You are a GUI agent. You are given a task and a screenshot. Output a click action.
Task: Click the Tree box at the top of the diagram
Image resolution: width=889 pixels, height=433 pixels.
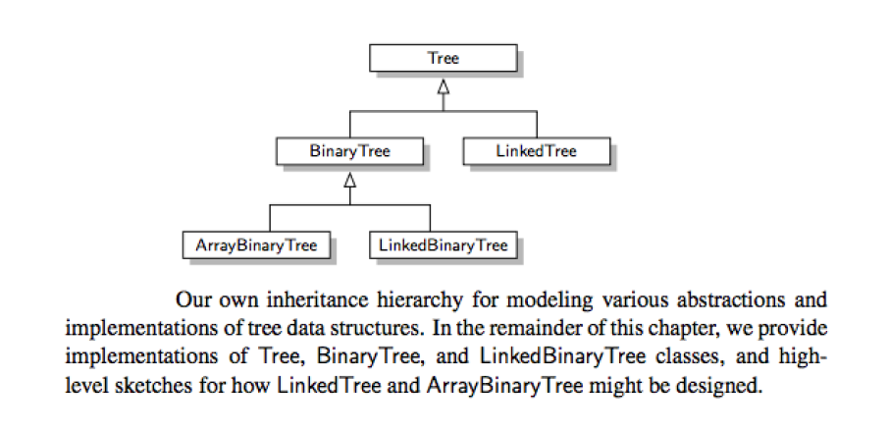point(443,58)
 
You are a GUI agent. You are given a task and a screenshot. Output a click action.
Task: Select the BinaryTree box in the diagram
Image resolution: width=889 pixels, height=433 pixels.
point(350,151)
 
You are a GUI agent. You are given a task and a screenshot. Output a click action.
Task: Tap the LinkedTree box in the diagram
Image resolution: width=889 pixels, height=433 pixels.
point(537,151)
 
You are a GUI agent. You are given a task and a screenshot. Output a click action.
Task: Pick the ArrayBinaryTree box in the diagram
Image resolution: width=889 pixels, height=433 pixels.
point(256,245)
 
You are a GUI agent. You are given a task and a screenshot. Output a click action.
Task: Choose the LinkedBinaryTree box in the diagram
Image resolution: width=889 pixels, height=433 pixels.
point(443,245)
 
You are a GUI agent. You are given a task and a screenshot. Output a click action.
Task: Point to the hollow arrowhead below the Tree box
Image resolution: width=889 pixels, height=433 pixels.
point(444,86)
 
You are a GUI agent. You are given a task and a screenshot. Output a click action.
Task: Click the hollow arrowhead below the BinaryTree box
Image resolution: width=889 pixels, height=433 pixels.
point(350,180)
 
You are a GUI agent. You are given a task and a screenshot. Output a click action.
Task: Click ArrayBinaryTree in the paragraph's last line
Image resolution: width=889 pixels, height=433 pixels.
point(504,387)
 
